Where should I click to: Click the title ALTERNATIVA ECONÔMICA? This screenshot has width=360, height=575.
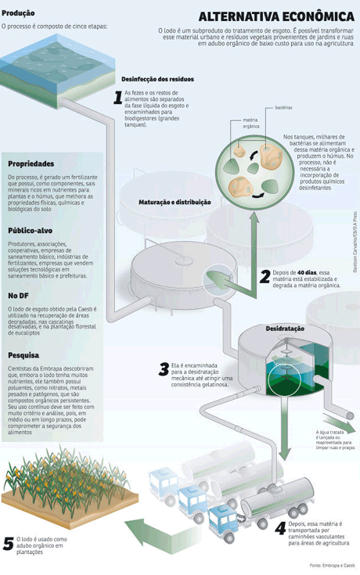click(276, 16)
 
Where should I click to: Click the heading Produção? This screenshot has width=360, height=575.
click(19, 13)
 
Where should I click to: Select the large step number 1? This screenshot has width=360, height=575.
click(118, 98)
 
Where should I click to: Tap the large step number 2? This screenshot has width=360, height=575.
click(265, 276)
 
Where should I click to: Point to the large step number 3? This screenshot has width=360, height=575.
click(164, 369)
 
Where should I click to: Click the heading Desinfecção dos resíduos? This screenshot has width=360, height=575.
click(157, 79)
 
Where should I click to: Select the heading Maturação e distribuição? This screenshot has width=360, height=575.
click(175, 202)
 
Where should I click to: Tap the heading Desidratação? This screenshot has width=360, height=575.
click(285, 329)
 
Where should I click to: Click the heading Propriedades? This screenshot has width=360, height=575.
click(31, 164)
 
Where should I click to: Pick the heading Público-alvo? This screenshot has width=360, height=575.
click(30, 232)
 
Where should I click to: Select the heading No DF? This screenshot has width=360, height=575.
click(19, 296)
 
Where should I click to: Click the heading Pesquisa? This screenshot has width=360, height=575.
click(24, 354)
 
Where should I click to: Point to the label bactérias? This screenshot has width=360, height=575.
click(283, 107)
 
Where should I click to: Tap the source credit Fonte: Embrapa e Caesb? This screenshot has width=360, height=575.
click(332, 565)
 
